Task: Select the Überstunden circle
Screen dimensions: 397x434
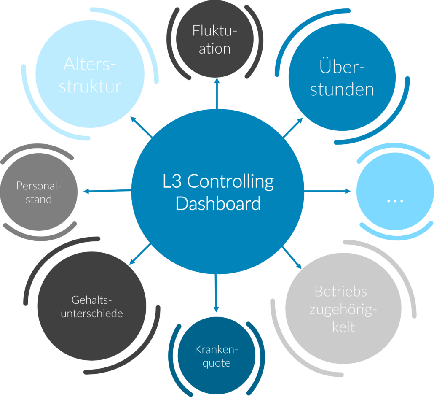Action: point(342,78)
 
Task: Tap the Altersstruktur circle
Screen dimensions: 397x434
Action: point(90,75)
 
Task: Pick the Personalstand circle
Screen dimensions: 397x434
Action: point(39,192)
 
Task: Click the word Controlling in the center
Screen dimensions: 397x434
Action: point(230,181)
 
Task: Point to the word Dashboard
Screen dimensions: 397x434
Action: point(218,203)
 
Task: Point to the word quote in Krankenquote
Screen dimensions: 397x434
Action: point(217,363)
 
